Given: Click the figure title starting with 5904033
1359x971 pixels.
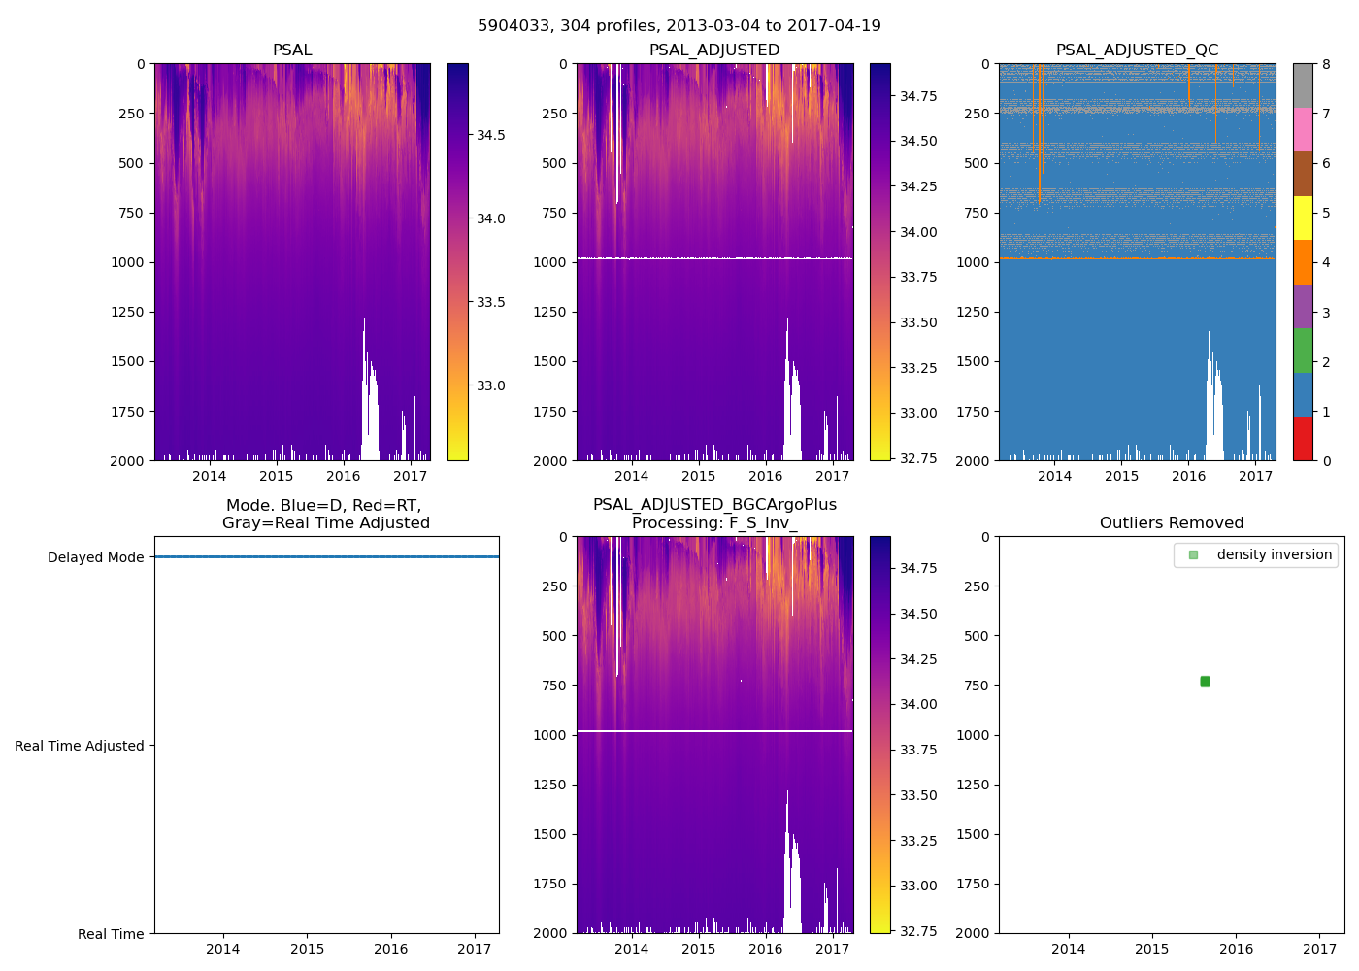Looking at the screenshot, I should click(x=679, y=26).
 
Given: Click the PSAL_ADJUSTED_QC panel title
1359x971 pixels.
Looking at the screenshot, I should click(x=1137, y=50).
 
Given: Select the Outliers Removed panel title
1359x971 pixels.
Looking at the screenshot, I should click(x=1172, y=523).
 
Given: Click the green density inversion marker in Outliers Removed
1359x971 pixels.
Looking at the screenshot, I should click(x=1205, y=682).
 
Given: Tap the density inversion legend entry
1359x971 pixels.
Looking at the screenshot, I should click(x=1274, y=555).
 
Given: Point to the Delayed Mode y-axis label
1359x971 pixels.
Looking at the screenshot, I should click(x=95, y=557).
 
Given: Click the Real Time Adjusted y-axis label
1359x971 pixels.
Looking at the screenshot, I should click(x=80, y=746).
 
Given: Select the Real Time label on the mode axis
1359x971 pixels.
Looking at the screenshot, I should click(x=111, y=934).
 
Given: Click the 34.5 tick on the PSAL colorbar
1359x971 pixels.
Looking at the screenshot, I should click(x=490, y=135).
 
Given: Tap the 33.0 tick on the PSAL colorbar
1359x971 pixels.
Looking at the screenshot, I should click(x=490, y=385).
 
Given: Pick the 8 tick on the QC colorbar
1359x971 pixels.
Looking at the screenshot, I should click(x=1326, y=64).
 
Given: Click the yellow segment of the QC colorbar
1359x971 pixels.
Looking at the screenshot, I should click(x=1303, y=218).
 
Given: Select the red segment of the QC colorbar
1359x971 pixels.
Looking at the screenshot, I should click(x=1303, y=439).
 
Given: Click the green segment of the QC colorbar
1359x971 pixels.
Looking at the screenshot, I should click(x=1303, y=351).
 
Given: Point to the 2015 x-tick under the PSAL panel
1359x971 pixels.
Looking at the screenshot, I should click(x=277, y=476).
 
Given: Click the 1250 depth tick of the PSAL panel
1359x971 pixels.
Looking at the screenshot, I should click(x=127, y=312).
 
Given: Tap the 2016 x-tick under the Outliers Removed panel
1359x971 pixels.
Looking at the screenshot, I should click(x=1236, y=949).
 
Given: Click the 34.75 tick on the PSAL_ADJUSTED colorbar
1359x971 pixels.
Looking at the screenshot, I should click(x=918, y=96).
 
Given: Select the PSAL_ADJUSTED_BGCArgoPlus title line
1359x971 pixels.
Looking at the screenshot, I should click(x=714, y=505).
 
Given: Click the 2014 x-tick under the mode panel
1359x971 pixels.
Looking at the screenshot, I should click(x=223, y=949).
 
